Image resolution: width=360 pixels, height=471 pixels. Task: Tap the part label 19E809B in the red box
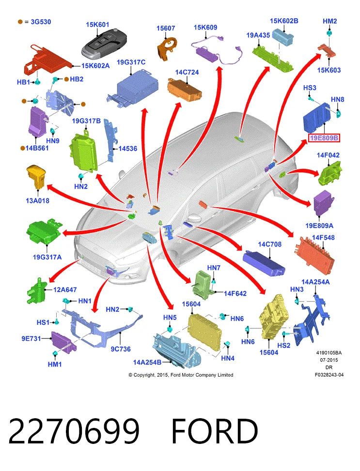point(324,138)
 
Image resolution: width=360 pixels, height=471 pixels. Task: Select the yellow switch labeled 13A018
point(36,177)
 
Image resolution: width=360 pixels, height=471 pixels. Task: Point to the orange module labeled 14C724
point(185,89)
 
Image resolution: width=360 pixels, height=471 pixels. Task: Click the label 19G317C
point(131,62)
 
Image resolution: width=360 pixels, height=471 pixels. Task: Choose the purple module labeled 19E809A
point(323,203)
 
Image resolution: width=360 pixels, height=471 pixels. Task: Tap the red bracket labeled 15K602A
point(47,61)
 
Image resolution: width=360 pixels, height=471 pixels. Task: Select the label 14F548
point(323,238)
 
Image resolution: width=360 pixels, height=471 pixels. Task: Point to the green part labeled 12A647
point(36,291)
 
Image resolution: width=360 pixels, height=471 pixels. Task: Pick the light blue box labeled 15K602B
point(282,36)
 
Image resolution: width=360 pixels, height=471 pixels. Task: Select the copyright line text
point(181,375)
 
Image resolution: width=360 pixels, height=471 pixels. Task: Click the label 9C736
point(121,349)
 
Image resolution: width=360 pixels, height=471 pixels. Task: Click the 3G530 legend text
point(41,22)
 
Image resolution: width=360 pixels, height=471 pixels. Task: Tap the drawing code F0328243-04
point(329,375)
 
